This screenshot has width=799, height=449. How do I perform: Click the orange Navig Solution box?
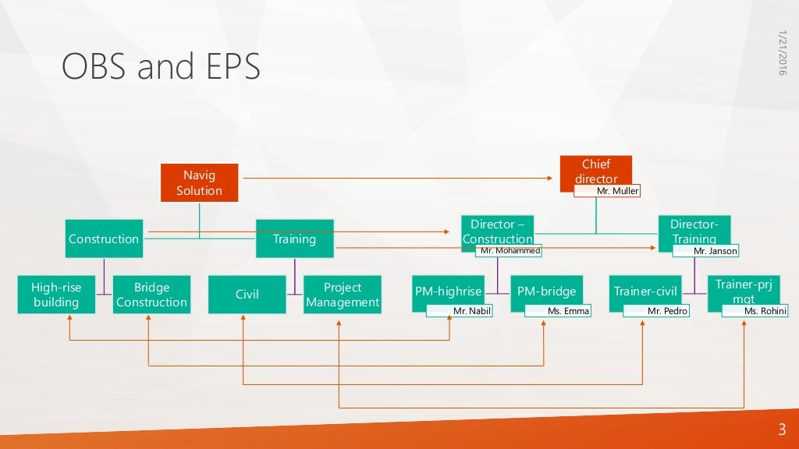point(199,183)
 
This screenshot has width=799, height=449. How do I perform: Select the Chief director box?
point(595,168)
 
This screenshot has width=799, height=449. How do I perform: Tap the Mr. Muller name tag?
point(607,191)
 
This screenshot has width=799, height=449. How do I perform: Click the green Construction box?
point(104,239)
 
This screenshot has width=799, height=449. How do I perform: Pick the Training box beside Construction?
point(294,239)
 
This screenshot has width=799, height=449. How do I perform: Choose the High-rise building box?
point(56,294)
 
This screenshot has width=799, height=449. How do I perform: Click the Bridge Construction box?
point(151,294)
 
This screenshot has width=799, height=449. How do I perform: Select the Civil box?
point(247,294)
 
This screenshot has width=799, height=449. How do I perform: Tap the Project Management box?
point(342,294)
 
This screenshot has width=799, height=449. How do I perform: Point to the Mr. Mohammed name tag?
point(508,251)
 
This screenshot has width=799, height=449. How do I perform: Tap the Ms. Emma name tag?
point(557,311)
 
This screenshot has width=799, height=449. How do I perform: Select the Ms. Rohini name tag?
point(755,311)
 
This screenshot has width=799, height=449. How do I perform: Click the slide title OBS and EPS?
point(161,68)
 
